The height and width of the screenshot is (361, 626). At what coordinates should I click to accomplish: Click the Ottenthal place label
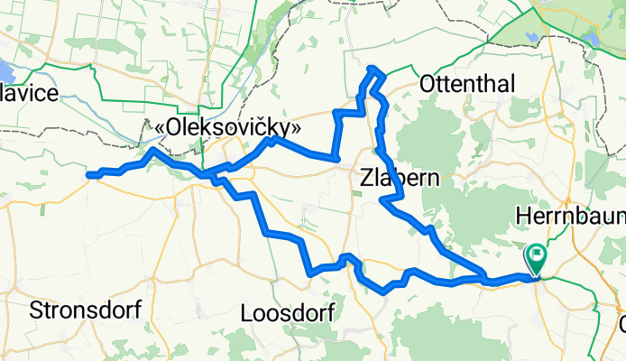(x=467, y=85)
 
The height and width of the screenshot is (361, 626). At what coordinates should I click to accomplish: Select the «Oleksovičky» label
(x=227, y=129)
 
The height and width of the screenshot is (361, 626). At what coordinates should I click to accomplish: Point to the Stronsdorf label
(x=86, y=310)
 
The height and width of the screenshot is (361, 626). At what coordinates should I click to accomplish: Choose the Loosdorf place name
(x=289, y=313)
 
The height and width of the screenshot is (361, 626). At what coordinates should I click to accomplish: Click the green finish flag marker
(x=538, y=256)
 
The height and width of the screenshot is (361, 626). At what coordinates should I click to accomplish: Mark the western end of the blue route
(x=88, y=175)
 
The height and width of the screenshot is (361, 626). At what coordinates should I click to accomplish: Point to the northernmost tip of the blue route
(x=372, y=68)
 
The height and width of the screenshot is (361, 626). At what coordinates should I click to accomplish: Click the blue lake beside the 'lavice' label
(x=5, y=71)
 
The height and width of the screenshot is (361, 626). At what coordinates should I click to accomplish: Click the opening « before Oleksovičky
(x=161, y=129)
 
